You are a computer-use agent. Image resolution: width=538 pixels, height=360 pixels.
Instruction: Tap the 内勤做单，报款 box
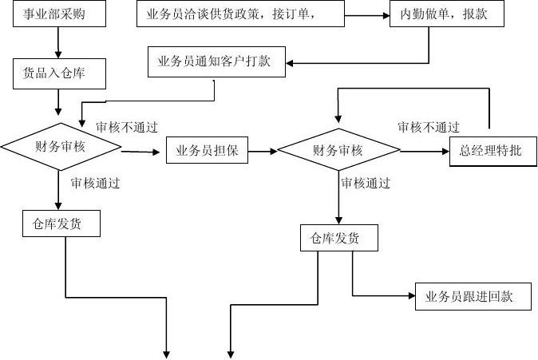pos(446,14)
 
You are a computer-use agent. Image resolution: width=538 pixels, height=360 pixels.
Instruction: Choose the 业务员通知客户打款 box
pos(216,62)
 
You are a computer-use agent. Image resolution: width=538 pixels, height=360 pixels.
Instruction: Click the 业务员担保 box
pos(207,150)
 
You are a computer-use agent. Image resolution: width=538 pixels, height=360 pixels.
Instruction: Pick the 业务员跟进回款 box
pos(473,297)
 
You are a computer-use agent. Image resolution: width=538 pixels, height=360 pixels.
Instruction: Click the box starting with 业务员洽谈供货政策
pos(241,14)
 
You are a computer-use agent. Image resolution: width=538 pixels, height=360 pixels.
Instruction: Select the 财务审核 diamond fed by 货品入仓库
pos(61,146)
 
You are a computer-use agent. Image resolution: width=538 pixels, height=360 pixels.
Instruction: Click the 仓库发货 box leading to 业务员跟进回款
pos(338,239)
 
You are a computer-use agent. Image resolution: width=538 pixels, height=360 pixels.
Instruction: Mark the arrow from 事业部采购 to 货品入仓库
pos(58,44)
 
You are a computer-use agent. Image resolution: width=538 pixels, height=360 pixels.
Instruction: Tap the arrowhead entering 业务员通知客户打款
pos(290,62)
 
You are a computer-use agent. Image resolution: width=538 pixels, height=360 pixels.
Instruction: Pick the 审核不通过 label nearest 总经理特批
pos(429,127)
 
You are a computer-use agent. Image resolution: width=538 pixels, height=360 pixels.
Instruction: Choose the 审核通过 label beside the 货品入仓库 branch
pos(95,183)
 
